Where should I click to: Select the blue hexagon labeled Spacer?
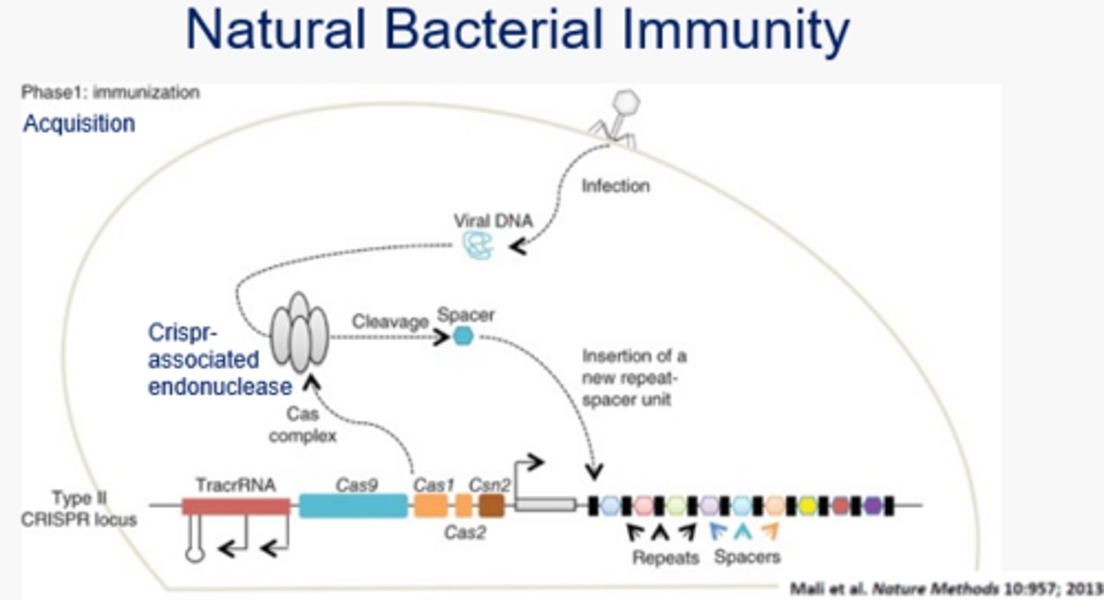462,336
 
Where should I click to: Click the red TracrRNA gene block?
236,506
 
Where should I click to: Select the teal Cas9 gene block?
353,506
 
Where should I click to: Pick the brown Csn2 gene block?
491,506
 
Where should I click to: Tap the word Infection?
615,185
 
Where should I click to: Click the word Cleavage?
389,322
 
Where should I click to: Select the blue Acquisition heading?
79,123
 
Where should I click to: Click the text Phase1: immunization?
110,93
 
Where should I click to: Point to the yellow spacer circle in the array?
807,506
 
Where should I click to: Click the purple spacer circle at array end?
872,506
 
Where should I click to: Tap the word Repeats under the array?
665,557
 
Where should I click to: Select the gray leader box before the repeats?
545,505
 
